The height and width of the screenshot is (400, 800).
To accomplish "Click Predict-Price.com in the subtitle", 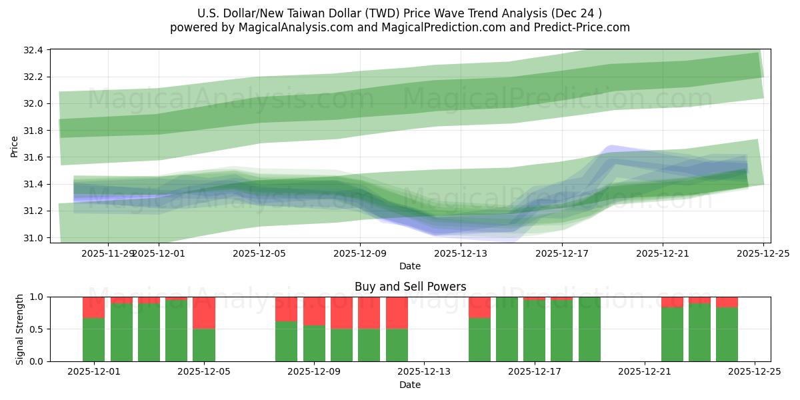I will coord(586,27).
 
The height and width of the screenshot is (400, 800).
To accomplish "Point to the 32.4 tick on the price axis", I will coord(34,50).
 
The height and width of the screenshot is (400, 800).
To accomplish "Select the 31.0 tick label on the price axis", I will coord(34,238).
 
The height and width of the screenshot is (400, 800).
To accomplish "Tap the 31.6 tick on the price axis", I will coord(34,157).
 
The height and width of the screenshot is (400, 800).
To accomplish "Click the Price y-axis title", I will coord(15,146).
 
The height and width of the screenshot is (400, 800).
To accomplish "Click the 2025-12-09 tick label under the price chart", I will coord(359,253).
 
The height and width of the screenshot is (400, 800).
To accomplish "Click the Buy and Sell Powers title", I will coord(409,287).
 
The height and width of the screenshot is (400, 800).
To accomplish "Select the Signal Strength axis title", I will coord(20,329).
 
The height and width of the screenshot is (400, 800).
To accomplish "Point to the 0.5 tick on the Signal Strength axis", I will coord(36,329).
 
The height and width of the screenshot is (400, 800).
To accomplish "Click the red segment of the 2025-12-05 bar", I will coord(204,313).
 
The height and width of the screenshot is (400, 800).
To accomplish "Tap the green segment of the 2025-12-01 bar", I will coord(93,339).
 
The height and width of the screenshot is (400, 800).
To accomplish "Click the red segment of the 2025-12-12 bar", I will coord(397,313).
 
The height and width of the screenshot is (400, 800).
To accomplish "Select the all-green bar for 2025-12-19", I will coord(589,329).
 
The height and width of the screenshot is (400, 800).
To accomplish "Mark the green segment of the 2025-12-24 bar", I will coord(727,334).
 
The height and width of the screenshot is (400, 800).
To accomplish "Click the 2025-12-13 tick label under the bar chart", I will coord(424,372).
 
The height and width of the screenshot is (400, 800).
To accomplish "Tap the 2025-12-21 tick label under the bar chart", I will coord(645,372).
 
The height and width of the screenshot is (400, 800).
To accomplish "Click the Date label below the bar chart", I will coord(409,385).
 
